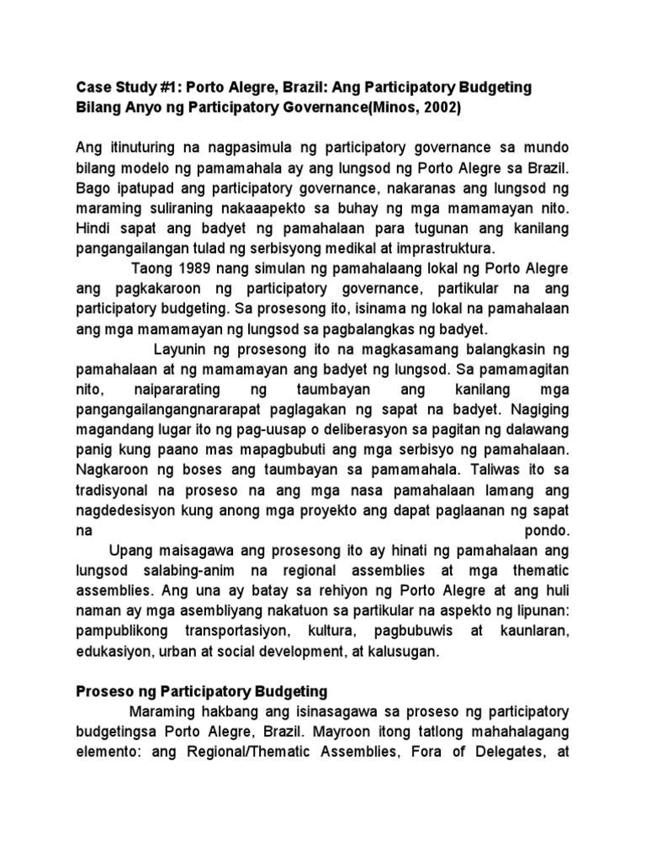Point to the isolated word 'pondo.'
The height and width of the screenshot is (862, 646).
pyautogui.click(x=548, y=531)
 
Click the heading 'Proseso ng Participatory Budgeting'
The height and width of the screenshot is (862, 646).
pyautogui.click(x=202, y=692)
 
